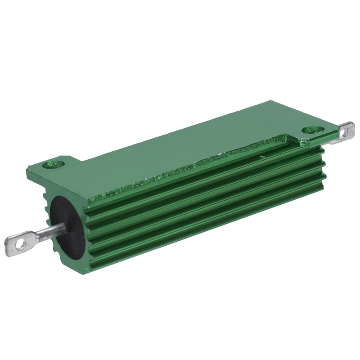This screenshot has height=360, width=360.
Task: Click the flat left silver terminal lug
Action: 22,243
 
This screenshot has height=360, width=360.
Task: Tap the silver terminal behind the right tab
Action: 345,134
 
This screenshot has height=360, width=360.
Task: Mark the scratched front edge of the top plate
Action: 189,170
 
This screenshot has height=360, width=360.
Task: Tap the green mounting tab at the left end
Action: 49,168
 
